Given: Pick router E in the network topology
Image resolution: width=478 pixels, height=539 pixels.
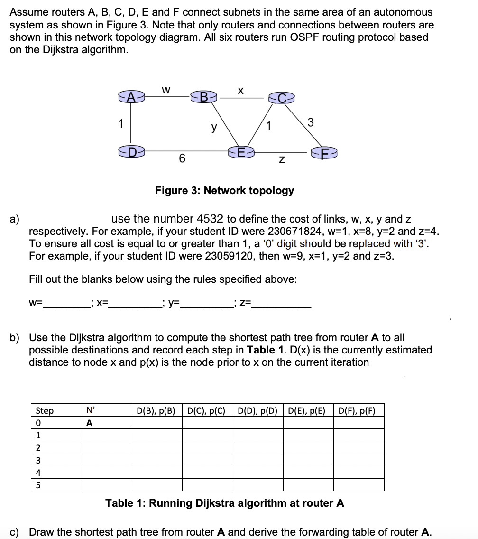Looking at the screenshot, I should point(241,152).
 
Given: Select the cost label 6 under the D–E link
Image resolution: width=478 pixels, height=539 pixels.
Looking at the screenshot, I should point(182,159).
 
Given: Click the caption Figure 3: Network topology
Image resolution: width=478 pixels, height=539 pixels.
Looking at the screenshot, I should point(224,190).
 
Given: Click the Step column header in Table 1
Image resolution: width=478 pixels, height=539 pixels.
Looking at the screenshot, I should point(45,410).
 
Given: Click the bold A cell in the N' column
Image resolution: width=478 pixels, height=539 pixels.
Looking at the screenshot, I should point(90,423).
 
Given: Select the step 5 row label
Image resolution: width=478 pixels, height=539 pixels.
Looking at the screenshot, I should point(38,485).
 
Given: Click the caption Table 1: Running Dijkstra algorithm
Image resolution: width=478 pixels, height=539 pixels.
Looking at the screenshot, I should point(224,503).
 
